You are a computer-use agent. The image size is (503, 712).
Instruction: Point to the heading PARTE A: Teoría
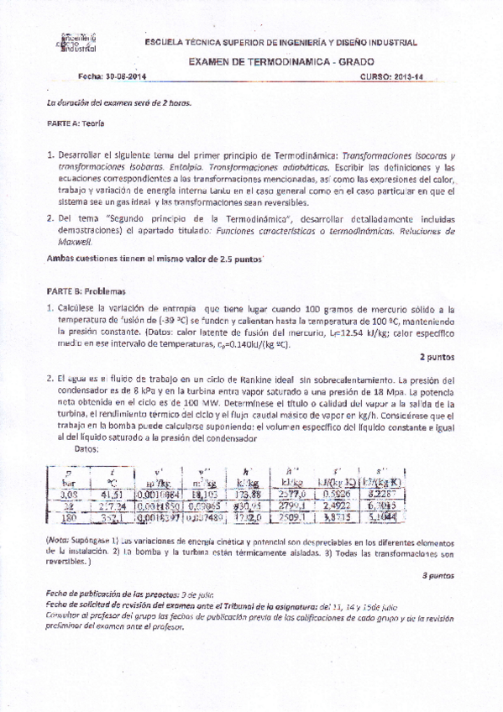[75, 123]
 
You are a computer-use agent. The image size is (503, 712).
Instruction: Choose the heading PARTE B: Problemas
[85, 291]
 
